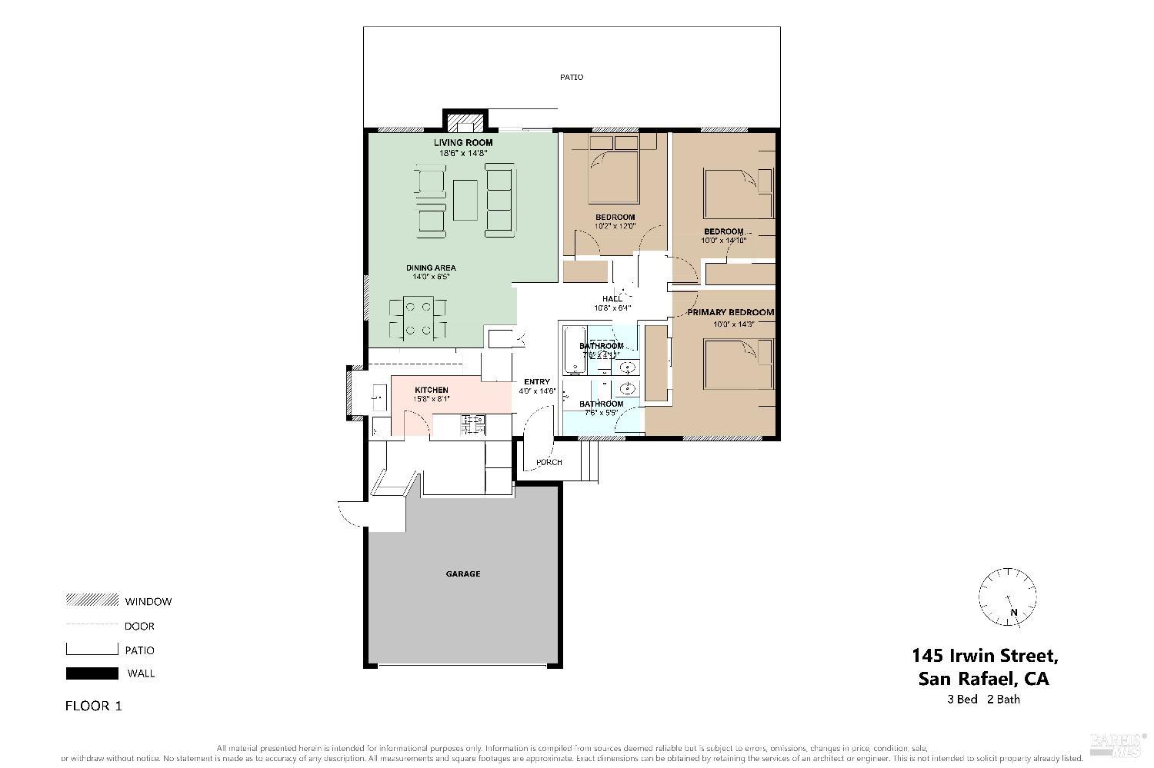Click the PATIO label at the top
coord(572,77)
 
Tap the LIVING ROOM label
coord(463,143)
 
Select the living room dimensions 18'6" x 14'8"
coord(463,153)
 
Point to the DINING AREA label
coord(431,268)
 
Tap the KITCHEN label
coord(431,391)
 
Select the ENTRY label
coord(537,382)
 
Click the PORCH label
coord(549,462)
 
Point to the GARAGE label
coord(463,574)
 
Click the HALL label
coord(612,299)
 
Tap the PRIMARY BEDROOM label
coord(730,313)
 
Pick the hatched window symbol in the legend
coord(92,600)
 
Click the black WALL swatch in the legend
coord(92,673)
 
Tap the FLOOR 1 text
coord(93,706)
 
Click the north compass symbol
coord(1007,597)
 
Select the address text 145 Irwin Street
coord(985,656)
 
